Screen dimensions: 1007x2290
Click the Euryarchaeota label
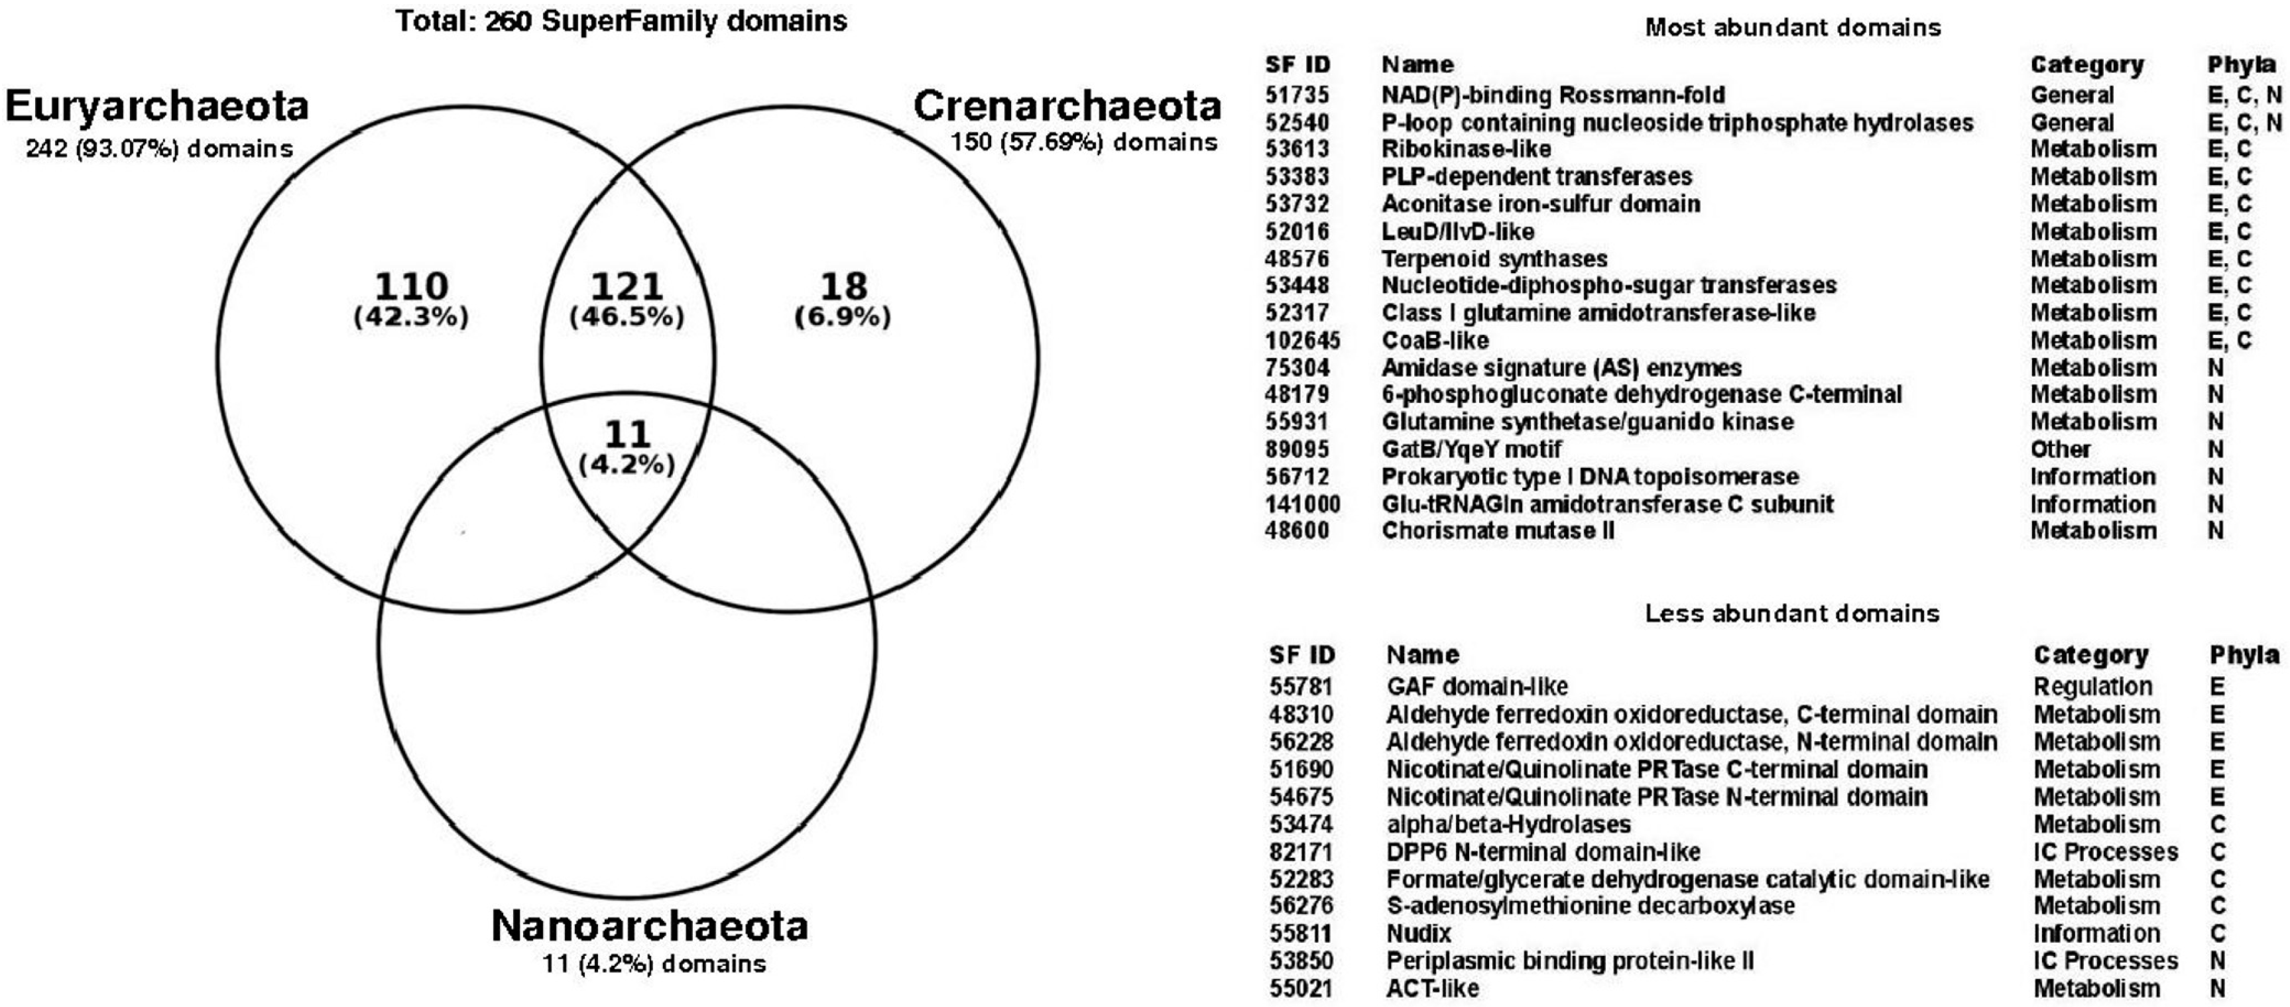coord(157,107)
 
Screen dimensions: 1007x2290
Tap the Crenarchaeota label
coord(1067,107)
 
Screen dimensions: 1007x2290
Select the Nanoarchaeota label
coord(650,926)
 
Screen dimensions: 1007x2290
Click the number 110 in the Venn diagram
coord(410,286)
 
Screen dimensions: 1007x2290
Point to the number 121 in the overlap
coord(627,286)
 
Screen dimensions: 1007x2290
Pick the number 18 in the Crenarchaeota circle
coord(843,286)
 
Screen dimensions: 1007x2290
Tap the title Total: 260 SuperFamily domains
coord(621,21)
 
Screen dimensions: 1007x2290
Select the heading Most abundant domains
coord(1792,28)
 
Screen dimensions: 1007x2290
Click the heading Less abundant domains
coord(1792,613)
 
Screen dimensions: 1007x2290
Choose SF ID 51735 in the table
coord(1298,95)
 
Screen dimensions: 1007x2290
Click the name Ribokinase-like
coord(1466,149)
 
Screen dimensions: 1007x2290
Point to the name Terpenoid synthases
coord(1494,259)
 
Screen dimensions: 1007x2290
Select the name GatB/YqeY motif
coord(1471,449)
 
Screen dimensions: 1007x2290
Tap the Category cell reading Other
coord(2060,449)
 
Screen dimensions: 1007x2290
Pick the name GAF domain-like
coord(1476,687)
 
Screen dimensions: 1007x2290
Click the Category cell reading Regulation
coord(2092,687)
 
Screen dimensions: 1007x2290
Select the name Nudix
coord(1419,934)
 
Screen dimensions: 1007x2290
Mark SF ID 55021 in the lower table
coord(1301,988)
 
